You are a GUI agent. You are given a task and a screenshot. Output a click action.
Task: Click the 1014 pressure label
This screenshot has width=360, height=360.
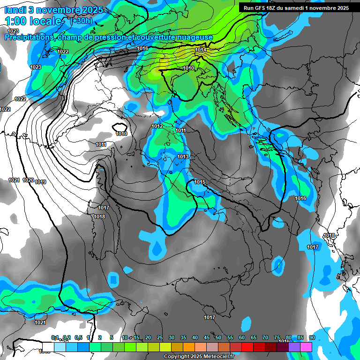tap(201, 50)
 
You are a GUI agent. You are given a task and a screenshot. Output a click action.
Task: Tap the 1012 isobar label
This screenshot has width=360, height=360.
tap(157, 127)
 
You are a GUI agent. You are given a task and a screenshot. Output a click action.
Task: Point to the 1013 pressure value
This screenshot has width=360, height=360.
tap(183, 157)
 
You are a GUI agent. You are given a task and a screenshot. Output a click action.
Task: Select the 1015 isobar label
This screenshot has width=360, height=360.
tap(200, 182)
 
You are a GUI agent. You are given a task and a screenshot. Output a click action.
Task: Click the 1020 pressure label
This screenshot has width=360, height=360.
tap(28, 180)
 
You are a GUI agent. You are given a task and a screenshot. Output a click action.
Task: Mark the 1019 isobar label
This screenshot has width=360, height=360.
tap(40, 182)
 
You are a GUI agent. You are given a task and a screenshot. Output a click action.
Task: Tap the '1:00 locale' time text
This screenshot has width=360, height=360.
tap(32, 21)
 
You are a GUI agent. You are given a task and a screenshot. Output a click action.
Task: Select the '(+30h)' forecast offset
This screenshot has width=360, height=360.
tap(81, 21)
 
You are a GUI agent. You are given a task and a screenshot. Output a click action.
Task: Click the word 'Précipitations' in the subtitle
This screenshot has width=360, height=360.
tap(28, 37)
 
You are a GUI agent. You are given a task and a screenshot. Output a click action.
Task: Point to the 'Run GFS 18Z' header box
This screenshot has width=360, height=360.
tap(296, 8)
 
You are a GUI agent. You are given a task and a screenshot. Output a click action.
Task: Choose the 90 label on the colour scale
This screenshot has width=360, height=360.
tap(312, 337)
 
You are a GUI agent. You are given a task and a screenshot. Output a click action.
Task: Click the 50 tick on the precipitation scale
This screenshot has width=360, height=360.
tap(218, 337)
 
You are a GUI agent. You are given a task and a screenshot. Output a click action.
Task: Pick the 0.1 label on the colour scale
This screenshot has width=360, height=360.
tap(55, 337)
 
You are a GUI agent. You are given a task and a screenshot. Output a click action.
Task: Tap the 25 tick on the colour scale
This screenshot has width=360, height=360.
tap(160, 337)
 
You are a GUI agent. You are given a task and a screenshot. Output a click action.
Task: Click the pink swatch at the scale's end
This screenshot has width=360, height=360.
tap(306, 347)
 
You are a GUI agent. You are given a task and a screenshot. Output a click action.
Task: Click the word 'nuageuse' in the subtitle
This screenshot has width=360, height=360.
tap(197, 37)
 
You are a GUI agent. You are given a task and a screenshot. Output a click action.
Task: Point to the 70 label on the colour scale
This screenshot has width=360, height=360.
tap(265, 337)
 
